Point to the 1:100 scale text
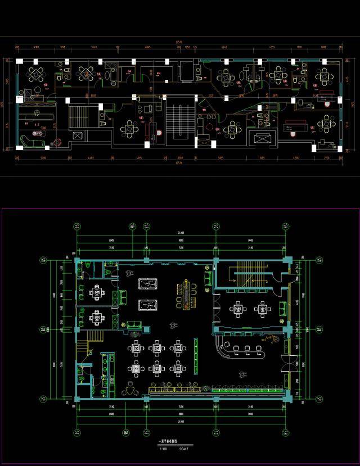[164, 448]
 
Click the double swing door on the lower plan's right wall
[291, 368]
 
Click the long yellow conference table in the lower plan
[183, 296]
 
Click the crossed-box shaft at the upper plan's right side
[263, 138]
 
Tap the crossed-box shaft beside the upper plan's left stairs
[78, 135]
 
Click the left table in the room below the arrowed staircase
[238, 308]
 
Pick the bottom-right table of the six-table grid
[178, 369]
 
